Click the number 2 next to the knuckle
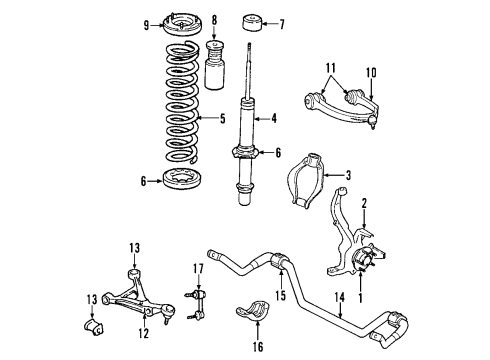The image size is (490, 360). click(366, 202)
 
